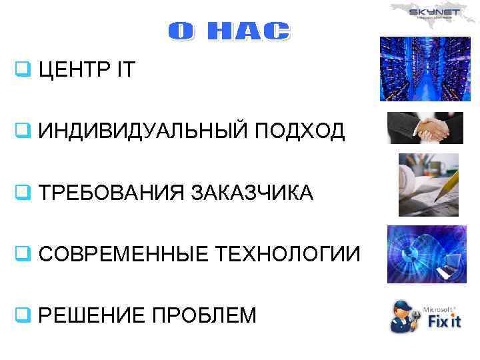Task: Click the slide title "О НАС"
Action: pyautogui.click(x=228, y=32)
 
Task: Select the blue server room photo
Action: pyautogui.click(x=425, y=69)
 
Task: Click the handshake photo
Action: pyautogui.click(x=426, y=127)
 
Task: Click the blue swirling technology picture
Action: pyautogui.click(x=427, y=254)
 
